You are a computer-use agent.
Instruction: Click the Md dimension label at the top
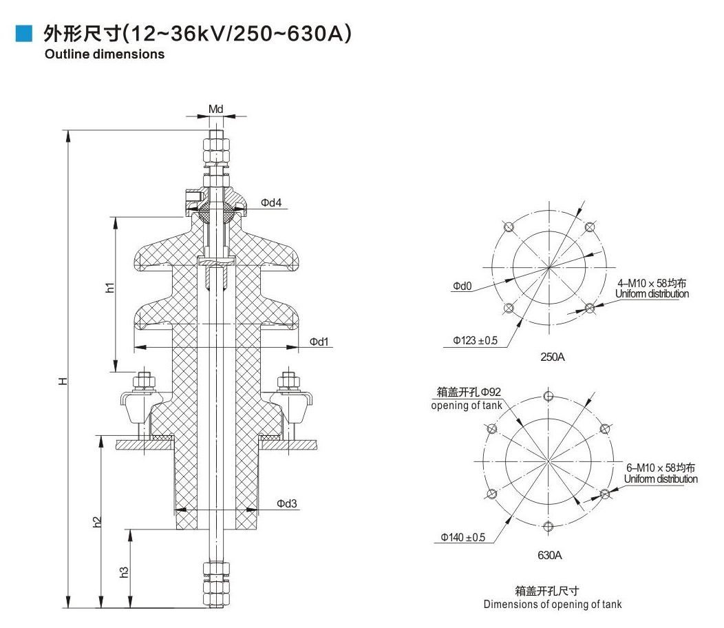[216, 109]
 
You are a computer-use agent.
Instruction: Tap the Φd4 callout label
[271, 202]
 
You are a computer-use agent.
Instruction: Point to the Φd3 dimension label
[287, 503]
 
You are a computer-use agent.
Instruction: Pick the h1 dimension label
[109, 289]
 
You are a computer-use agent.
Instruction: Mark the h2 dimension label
[97, 522]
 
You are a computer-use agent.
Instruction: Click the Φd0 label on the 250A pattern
[462, 286]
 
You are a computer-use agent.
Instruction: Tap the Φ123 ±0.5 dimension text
[475, 341]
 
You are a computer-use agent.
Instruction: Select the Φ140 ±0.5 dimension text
[459, 538]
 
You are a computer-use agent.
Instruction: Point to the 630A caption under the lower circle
[549, 554]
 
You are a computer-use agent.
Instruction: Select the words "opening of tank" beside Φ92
[466, 406]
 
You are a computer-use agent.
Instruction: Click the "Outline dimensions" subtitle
[105, 54]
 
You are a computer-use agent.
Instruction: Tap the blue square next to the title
[24, 33]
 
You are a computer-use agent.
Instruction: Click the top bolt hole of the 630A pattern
[549, 396]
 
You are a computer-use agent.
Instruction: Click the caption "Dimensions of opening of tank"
[552, 605]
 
